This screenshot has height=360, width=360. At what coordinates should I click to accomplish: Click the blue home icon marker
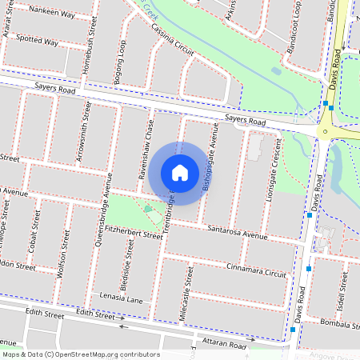click(180, 173)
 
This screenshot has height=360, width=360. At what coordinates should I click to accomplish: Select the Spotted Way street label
click(37, 41)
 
